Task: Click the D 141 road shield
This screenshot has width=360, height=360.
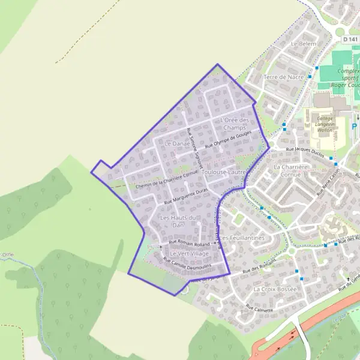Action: click(x=350, y=38)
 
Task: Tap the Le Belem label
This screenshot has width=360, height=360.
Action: click(x=303, y=44)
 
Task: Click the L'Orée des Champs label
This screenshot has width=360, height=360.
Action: click(x=235, y=124)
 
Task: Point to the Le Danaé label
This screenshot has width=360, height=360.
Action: click(x=177, y=144)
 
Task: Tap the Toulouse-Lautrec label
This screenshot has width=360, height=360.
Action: click(x=225, y=173)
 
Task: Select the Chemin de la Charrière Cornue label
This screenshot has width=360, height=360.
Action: click(x=167, y=179)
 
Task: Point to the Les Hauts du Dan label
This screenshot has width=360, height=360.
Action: click(x=179, y=221)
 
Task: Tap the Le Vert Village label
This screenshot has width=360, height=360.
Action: click(x=189, y=254)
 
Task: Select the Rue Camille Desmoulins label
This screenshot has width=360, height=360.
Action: click(x=187, y=262)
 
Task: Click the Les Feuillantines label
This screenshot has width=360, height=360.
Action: click(x=242, y=238)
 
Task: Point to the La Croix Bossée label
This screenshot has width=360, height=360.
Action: click(x=275, y=289)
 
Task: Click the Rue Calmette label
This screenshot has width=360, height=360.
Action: click(x=259, y=310)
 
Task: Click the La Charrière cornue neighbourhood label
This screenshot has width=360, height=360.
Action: click(x=287, y=170)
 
